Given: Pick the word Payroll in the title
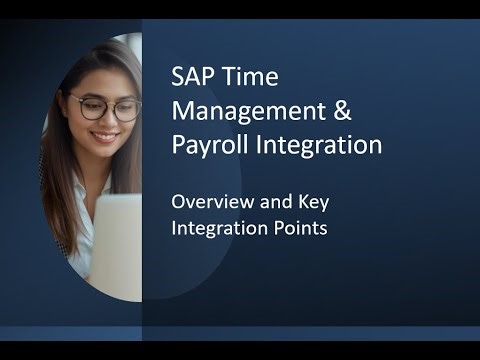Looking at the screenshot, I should [x=206, y=146].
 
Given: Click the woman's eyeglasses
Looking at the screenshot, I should [x=106, y=108].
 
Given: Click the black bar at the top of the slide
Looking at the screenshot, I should [x=240, y=9].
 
